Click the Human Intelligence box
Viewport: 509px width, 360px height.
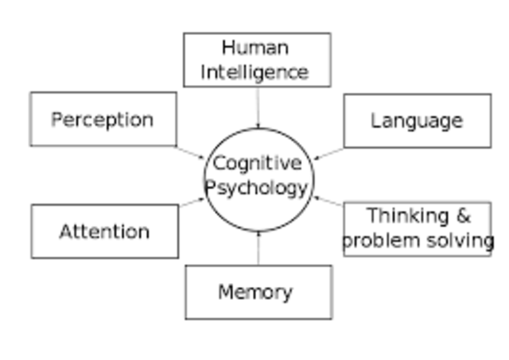[257, 60]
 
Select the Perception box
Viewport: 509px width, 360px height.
[103, 119]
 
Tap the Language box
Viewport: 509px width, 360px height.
[417, 121]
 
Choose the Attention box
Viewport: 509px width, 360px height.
[104, 231]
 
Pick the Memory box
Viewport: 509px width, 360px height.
[258, 292]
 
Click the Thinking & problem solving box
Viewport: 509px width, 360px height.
[418, 228]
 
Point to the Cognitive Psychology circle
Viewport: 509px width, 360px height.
[257, 176]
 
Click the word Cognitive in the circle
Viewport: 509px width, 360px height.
[257, 164]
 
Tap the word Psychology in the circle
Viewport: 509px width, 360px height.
[257, 189]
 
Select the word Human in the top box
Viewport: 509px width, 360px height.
[255, 48]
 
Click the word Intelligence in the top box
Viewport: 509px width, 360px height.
[254, 72]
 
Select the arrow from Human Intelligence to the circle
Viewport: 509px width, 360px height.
[257, 106]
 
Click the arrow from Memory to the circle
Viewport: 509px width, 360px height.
[258, 248]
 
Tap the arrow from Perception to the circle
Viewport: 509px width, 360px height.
[191, 152]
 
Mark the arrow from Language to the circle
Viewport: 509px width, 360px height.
[328, 153]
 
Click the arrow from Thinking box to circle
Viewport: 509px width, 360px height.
[328, 201]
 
